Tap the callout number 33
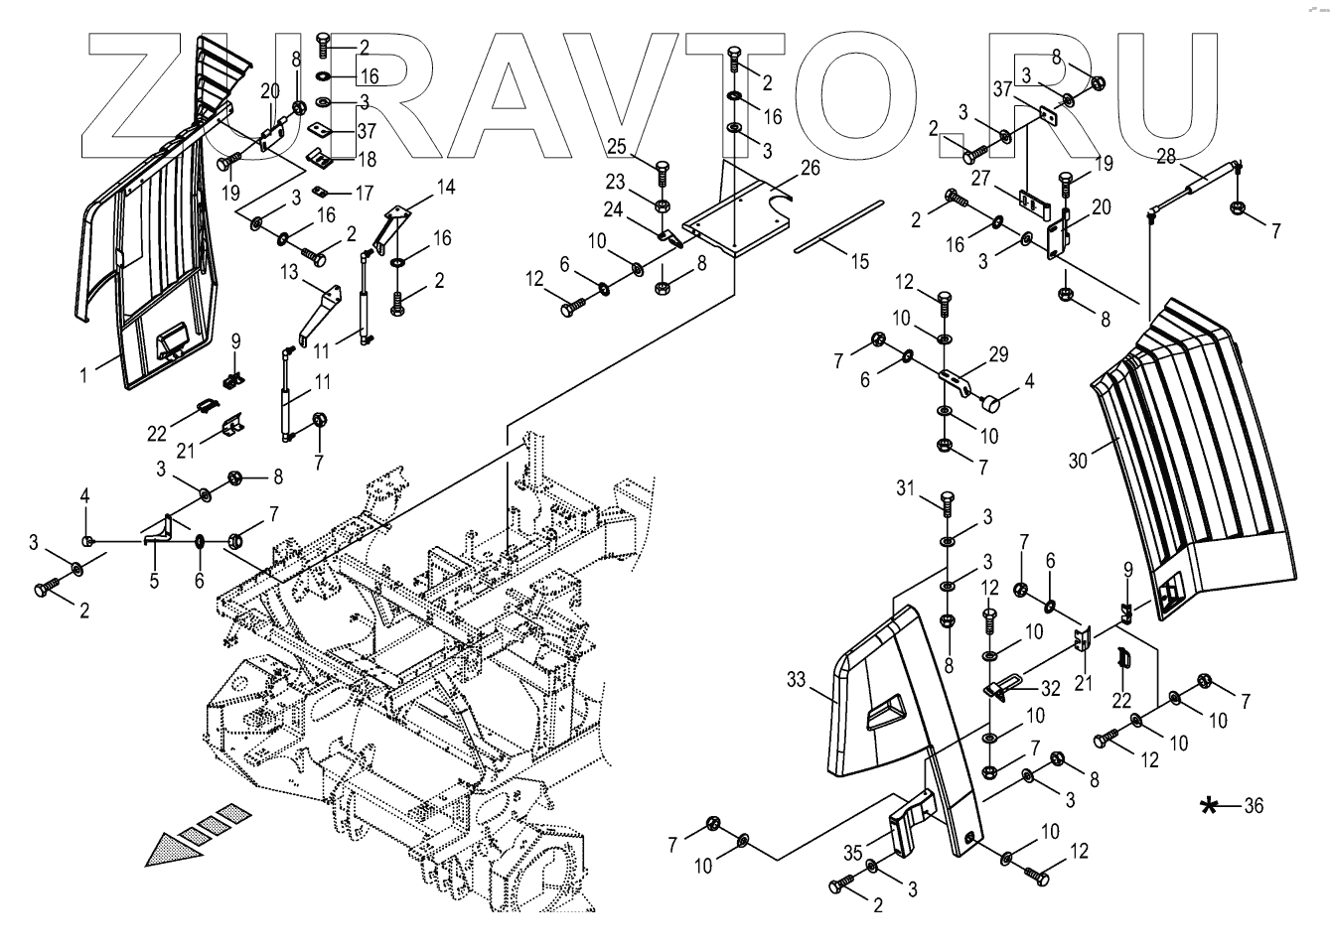click(x=796, y=680)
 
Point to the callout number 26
click(x=811, y=169)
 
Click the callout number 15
click(x=859, y=261)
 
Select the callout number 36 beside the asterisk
click(x=1253, y=806)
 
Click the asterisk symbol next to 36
click(x=1209, y=806)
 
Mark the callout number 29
click(x=998, y=355)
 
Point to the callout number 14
click(x=444, y=186)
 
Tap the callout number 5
click(x=154, y=581)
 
